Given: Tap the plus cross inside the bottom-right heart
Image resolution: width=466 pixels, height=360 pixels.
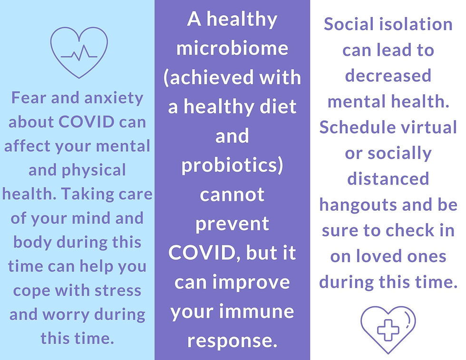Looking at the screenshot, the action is click(x=388, y=330).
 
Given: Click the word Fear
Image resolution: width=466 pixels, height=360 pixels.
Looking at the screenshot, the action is click(x=29, y=97).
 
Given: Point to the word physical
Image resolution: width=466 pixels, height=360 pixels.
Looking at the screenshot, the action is click(x=94, y=171).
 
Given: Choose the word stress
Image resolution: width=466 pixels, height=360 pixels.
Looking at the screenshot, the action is click(x=118, y=291).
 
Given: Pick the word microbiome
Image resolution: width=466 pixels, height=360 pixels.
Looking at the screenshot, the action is click(x=233, y=48).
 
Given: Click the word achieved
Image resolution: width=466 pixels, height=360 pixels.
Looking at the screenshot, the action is click(x=210, y=78).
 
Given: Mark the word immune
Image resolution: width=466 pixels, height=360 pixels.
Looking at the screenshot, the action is click(x=257, y=311).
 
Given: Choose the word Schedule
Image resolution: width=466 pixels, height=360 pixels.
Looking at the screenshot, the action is click(x=358, y=127).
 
